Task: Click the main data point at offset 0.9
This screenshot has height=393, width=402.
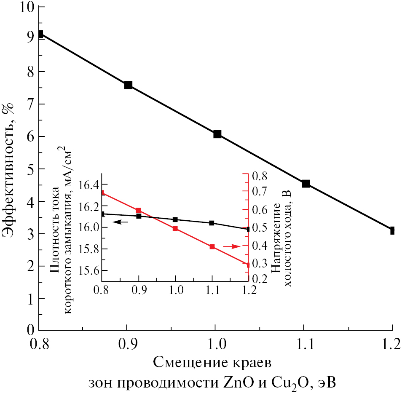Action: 129,85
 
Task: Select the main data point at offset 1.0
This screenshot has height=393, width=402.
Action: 217,134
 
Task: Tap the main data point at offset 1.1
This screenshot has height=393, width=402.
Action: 306,183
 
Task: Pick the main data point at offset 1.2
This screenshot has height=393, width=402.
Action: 392,230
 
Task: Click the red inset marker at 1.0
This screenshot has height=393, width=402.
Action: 175,228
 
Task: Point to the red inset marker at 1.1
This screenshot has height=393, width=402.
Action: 212,246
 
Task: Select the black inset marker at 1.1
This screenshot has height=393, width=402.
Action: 212,223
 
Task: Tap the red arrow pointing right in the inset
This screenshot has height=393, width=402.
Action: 230,246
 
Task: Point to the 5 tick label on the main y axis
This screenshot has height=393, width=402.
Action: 30,169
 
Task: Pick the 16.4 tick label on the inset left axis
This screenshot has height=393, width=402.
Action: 86,184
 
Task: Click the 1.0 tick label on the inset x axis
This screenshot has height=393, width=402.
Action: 175,290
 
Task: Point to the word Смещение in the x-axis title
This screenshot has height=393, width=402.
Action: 185,362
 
